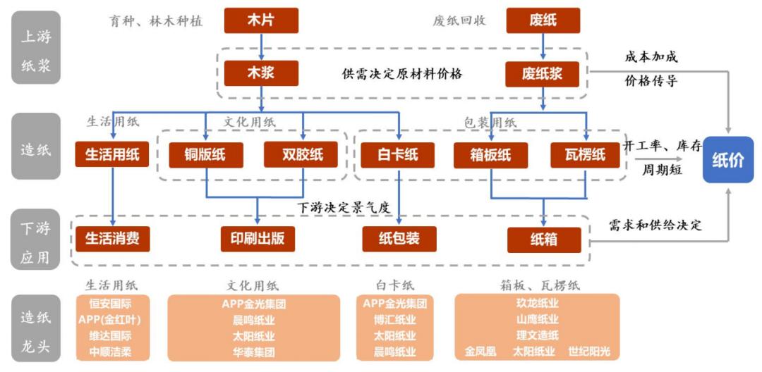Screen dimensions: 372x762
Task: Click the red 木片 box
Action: (261, 20)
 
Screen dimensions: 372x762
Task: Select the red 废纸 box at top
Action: (543, 20)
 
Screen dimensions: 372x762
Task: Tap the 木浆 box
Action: (261, 73)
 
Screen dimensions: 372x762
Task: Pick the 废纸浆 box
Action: (543, 73)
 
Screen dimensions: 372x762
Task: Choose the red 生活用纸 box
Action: (112, 155)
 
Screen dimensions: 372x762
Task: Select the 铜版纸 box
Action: (206, 155)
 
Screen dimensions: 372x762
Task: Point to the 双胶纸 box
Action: (303, 155)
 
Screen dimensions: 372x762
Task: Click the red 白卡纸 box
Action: (398, 155)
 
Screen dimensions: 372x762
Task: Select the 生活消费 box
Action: (112, 239)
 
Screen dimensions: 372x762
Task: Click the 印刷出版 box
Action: (257, 239)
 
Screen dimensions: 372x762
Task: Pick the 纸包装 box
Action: (399, 239)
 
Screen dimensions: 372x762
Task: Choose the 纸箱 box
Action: (544, 240)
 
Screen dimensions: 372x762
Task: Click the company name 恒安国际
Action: (112, 305)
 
